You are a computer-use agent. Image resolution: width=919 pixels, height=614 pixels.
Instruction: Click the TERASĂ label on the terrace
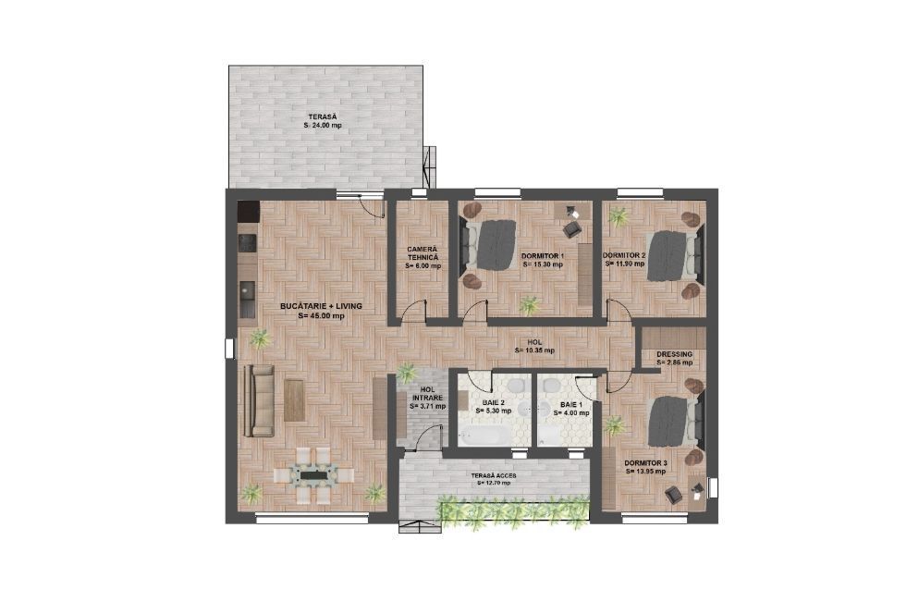point(315,117)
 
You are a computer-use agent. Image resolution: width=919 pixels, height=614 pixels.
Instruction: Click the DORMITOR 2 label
point(624,255)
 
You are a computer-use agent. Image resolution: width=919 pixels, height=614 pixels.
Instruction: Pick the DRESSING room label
point(674,354)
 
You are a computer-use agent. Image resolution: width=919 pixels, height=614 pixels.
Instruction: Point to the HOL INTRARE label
point(427,394)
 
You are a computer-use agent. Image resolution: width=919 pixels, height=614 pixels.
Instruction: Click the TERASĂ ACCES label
point(496,475)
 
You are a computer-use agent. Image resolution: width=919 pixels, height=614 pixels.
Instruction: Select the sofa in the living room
point(259,400)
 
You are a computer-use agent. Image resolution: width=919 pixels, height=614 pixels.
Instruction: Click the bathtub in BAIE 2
point(484,435)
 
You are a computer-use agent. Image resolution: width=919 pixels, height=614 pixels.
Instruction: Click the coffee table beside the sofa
point(294,400)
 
